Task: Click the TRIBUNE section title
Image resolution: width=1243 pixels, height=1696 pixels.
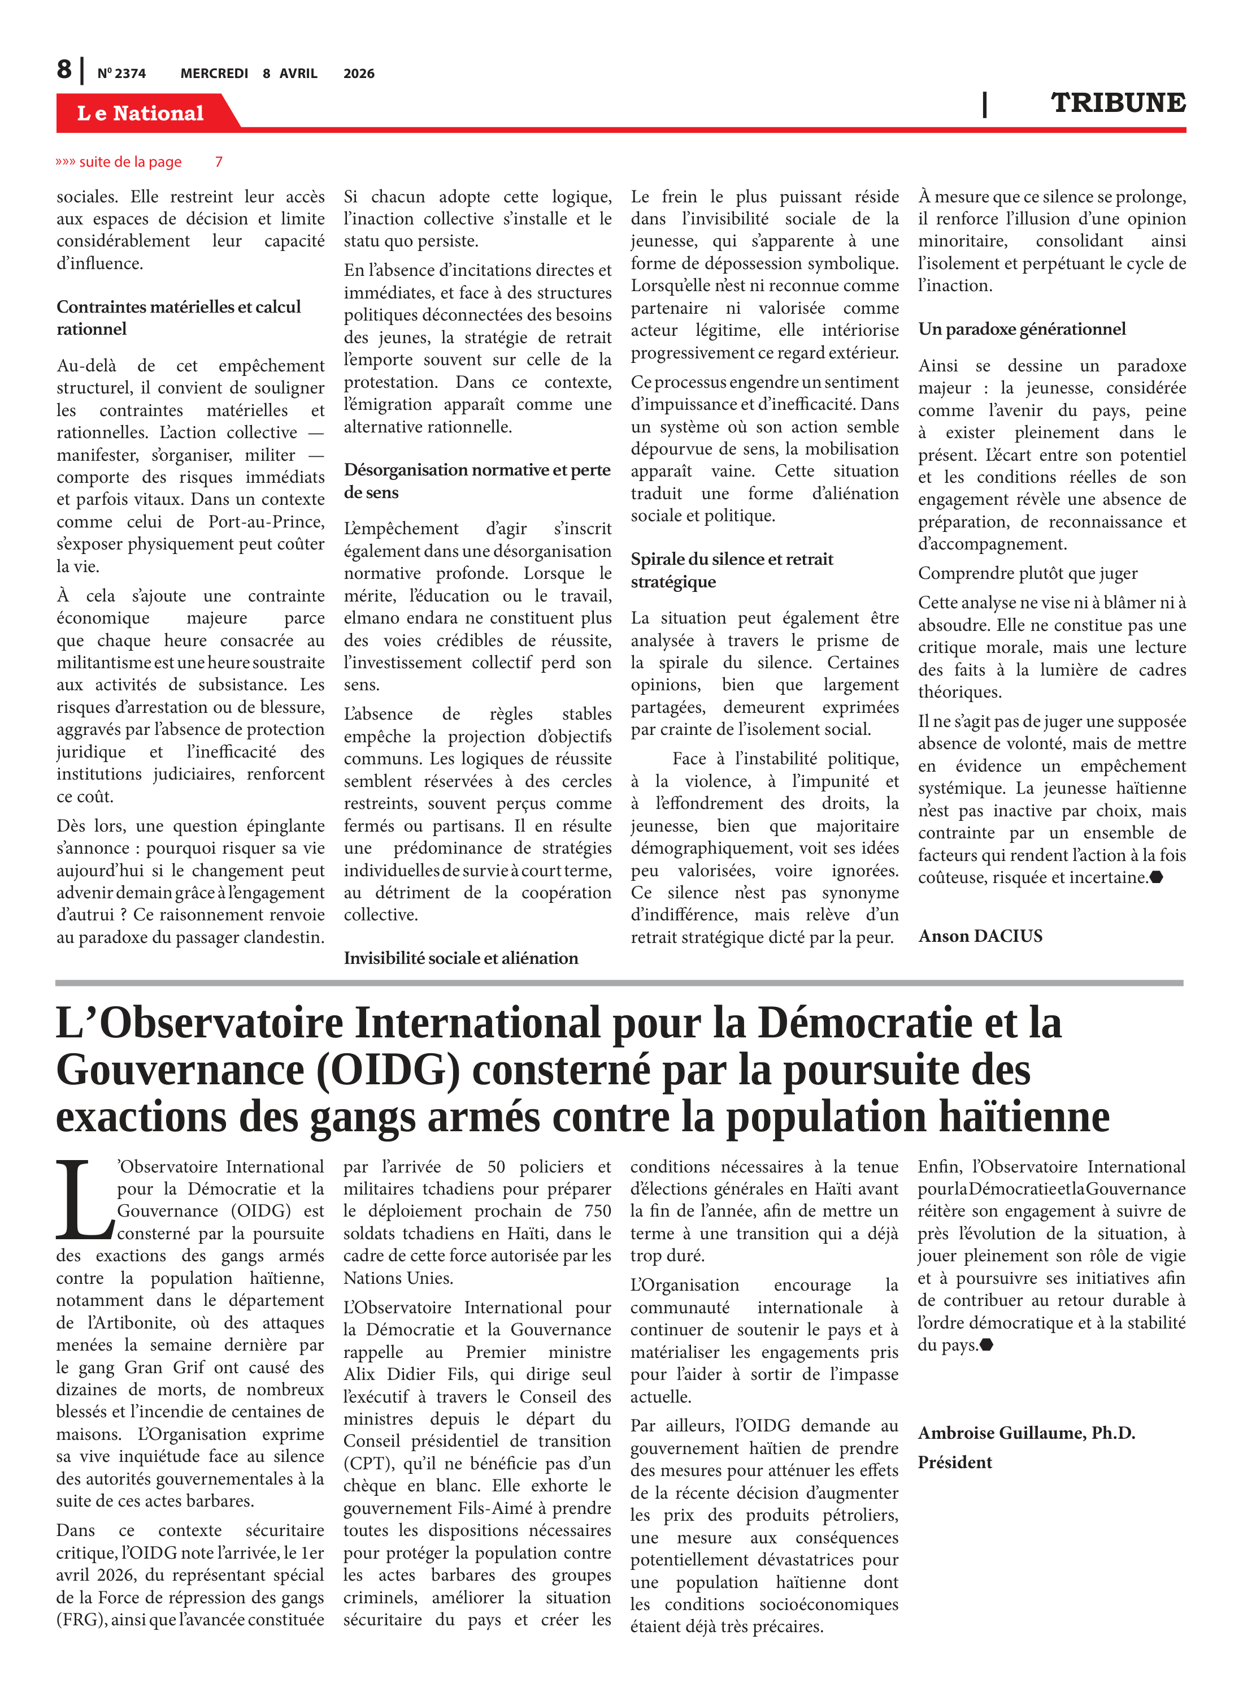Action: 1118,102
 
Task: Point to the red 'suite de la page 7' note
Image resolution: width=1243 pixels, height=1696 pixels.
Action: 138,162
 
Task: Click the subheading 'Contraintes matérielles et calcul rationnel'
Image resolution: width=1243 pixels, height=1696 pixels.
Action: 179,318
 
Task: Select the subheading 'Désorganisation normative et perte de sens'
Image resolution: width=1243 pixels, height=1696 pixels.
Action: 477,481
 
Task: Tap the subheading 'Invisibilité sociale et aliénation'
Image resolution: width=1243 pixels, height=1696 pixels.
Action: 460,958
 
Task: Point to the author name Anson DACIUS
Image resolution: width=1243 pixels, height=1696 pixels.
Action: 980,936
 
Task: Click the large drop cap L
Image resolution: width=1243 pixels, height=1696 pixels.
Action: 84,1200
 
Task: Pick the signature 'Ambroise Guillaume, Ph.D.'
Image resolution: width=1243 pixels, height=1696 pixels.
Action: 1025,1433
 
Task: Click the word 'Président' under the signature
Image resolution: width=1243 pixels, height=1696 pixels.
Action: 954,1462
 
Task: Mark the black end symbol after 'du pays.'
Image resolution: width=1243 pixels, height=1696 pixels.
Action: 986,1344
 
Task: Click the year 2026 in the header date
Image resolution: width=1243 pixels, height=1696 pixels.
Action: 359,73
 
